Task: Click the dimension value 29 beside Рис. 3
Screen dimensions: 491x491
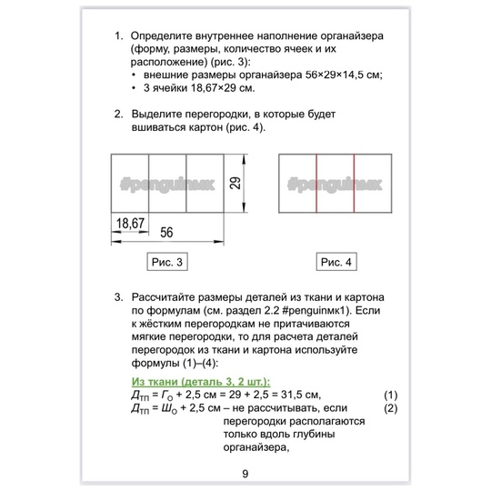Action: pyautogui.click(x=235, y=183)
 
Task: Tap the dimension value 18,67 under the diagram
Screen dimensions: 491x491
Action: pyautogui.click(x=130, y=224)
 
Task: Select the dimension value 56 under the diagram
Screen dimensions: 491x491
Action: pyautogui.click(x=166, y=233)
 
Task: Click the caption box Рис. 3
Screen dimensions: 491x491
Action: pyautogui.click(x=167, y=262)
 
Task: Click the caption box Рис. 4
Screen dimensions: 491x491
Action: pyautogui.click(x=336, y=262)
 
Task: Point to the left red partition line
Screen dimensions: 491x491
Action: pyautogui.click(x=316, y=184)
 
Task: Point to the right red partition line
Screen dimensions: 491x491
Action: pyautogui.click(x=355, y=184)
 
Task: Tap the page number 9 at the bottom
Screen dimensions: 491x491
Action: pyautogui.click(x=245, y=474)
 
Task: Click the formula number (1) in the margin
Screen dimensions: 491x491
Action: pyautogui.click(x=391, y=396)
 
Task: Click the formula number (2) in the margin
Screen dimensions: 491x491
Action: pyautogui.click(x=391, y=408)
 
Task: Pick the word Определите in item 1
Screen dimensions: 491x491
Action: pyautogui.click(x=162, y=36)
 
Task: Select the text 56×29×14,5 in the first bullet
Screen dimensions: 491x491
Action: pyautogui.click(x=335, y=75)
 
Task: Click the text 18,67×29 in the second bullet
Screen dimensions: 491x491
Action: pyautogui.click(x=214, y=88)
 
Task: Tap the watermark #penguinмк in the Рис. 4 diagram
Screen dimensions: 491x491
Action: pyautogui.click(x=335, y=184)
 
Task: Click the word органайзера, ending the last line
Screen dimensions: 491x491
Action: pyautogui.click(x=256, y=448)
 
